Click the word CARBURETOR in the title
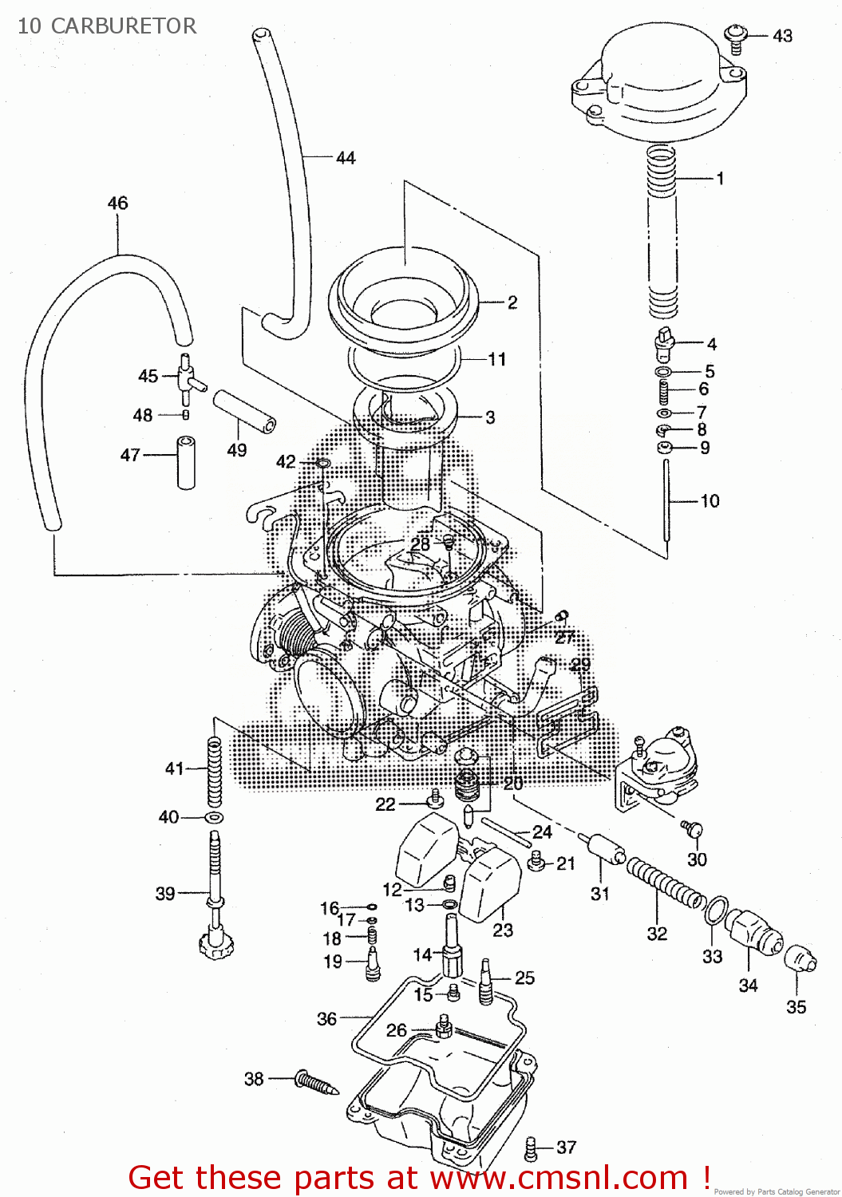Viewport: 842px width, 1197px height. [123, 26]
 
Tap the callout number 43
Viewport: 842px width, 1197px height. [782, 36]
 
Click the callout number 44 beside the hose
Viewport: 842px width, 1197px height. [346, 158]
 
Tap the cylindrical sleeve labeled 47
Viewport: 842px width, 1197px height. [186, 462]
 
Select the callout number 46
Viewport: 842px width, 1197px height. [117, 203]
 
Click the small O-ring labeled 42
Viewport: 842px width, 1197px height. [322, 464]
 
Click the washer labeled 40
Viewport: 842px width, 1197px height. [214, 818]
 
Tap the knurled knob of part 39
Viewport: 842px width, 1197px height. [215, 946]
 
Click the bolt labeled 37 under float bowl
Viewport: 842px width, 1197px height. [530, 1148]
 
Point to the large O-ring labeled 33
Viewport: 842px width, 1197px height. [717, 909]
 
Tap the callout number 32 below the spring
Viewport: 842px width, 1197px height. [657, 934]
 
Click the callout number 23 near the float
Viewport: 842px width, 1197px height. [503, 930]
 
